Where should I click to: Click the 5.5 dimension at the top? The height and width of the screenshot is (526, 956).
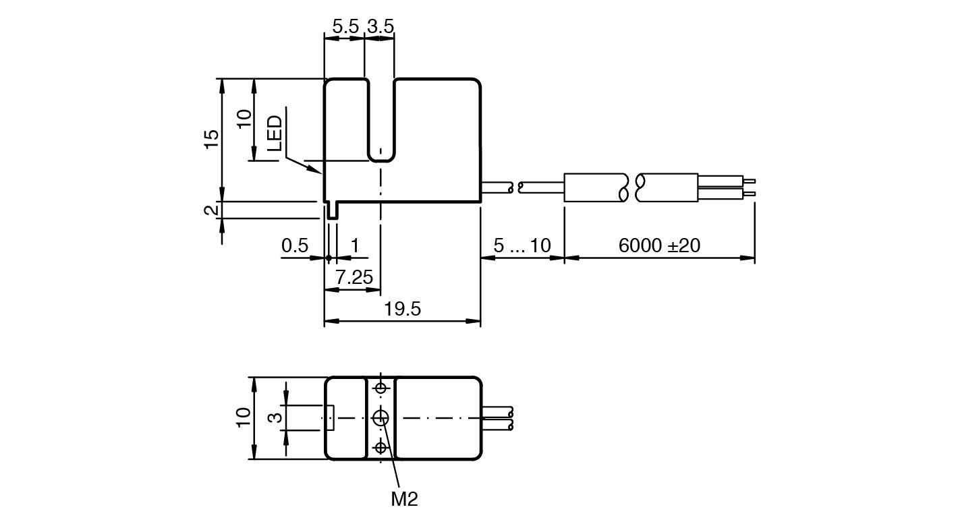point(345,26)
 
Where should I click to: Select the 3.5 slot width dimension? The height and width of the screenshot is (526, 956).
point(381,26)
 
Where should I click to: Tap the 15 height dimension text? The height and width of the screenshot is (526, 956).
point(211,139)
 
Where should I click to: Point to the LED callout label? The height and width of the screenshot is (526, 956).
point(275,133)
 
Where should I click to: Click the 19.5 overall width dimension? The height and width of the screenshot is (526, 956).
point(403,309)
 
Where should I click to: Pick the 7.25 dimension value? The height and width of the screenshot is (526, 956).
point(354,277)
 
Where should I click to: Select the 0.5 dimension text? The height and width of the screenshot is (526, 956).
point(294,245)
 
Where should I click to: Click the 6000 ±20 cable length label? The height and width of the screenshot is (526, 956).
point(659,245)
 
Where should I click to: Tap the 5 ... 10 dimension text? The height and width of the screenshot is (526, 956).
point(522,245)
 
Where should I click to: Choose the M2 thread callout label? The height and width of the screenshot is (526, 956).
point(404,499)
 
